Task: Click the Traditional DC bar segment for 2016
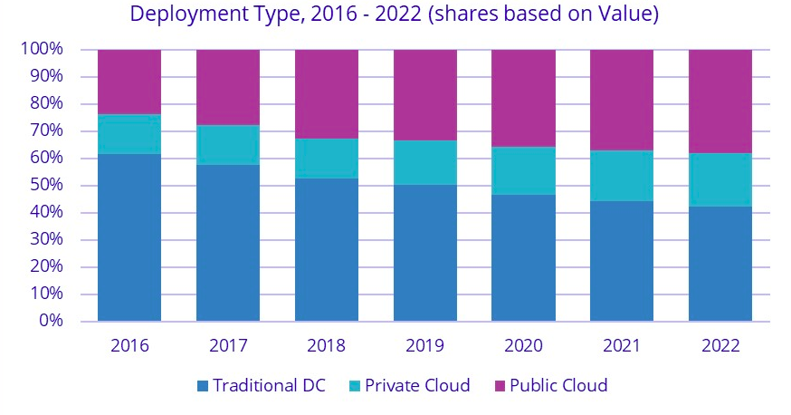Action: (x=129, y=237)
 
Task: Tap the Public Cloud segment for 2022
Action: (x=720, y=101)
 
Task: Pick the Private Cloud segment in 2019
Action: (x=424, y=162)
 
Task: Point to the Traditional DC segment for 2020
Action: (x=523, y=257)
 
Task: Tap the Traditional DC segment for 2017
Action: (x=228, y=243)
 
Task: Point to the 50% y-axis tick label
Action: (x=44, y=186)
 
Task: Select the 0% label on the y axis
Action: (x=49, y=322)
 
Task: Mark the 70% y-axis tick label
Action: (x=44, y=131)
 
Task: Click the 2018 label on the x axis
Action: (x=327, y=346)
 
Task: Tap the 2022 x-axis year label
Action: (x=720, y=346)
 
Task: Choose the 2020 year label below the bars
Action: (x=523, y=346)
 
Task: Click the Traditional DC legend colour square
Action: (x=204, y=386)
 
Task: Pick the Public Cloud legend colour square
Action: (x=498, y=386)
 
